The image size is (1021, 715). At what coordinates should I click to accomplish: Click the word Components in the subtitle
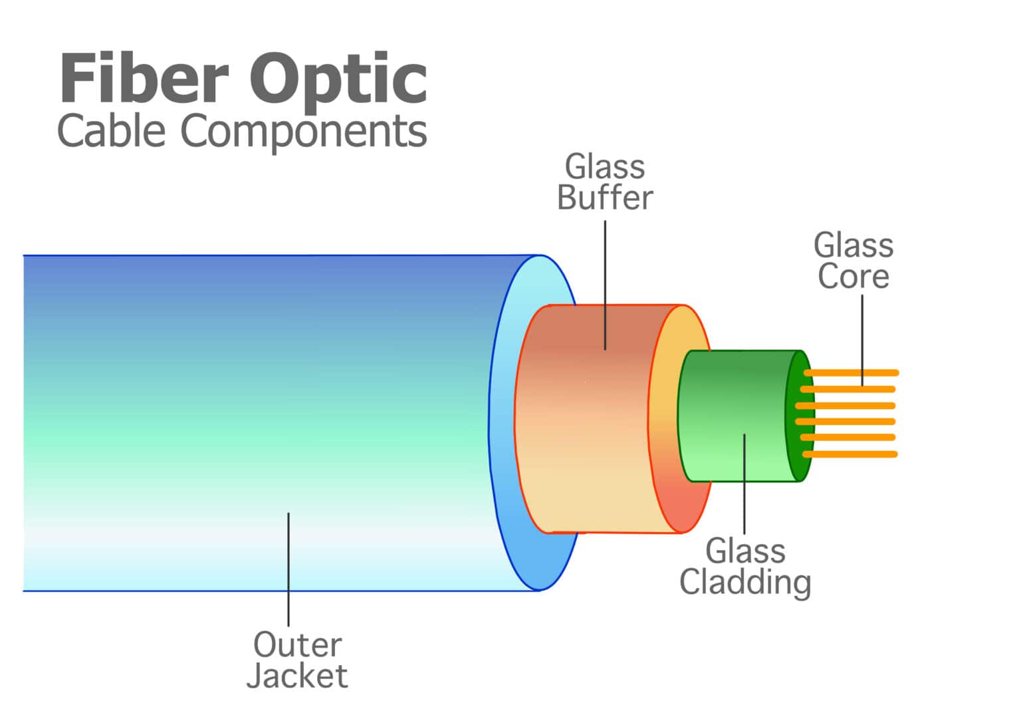tap(304, 132)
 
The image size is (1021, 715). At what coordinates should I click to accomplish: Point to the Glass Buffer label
tap(604, 182)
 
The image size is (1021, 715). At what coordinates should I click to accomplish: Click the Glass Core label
tap(853, 261)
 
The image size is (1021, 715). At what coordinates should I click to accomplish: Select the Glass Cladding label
tap(745, 567)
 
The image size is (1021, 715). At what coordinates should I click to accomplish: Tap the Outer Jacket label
tap(297, 660)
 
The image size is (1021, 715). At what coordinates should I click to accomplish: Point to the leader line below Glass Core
tap(862, 339)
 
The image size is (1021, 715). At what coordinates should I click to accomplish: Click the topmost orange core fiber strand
tap(857, 372)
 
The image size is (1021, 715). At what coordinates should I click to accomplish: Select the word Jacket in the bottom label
tap(297, 676)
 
